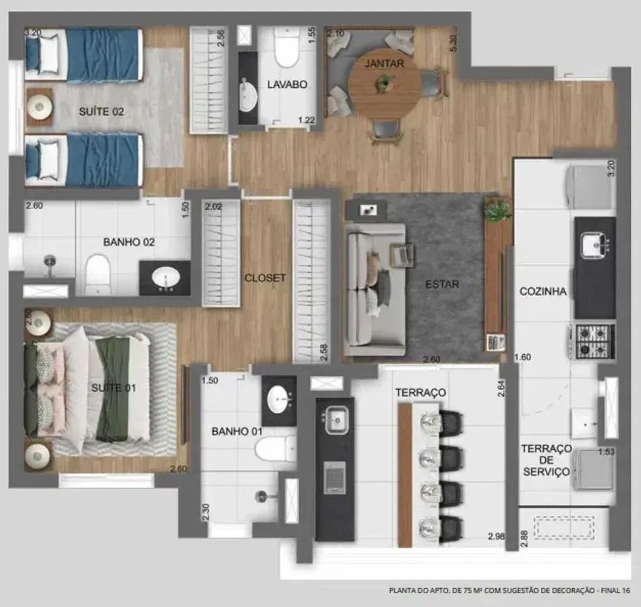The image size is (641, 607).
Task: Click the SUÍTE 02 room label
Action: pyautogui.click(x=101, y=111)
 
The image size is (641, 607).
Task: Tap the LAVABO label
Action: pyautogui.click(x=287, y=84)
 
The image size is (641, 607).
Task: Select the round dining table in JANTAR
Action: pyautogui.click(x=385, y=84)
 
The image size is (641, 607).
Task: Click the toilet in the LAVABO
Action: pyautogui.click(x=287, y=48)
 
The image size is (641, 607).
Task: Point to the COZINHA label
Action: pyautogui.click(x=543, y=291)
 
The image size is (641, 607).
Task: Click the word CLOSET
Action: pyautogui.click(x=265, y=278)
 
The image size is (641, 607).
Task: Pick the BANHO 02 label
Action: pyautogui.click(x=129, y=242)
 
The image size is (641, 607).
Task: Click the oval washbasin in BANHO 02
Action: pyautogui.click(x=165, y=278)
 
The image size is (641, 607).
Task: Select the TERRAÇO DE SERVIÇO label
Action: pyautogui.click(x=547, y=460)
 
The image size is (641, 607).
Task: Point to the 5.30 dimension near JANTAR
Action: pyautogui.click(x=453, y=43)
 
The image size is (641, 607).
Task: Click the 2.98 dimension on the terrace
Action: pyautogui.click(x=497, y=536)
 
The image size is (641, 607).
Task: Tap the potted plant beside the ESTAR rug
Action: pyautogui.click(x=497, y=209)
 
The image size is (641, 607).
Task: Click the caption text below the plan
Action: pyautogui.click(x=509, y=590)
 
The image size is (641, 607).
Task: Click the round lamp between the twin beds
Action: pyautogui.click(x=40, y=107)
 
